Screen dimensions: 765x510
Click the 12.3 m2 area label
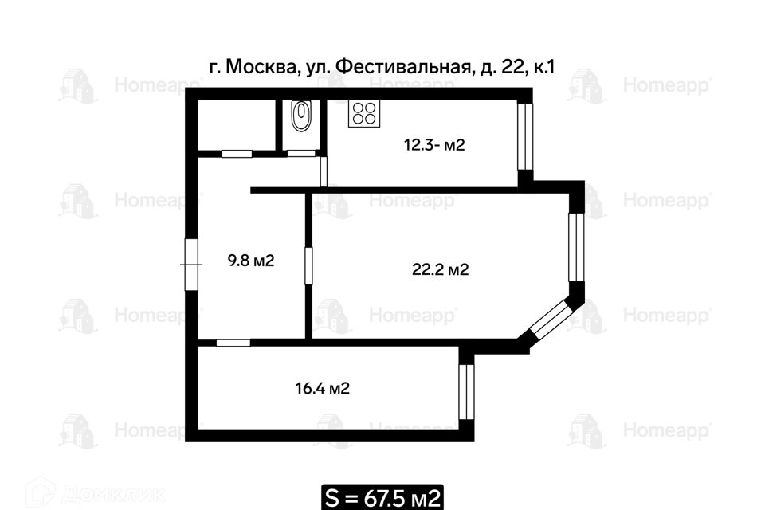tap(434, 145)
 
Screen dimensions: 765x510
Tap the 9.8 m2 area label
tap(251, 261)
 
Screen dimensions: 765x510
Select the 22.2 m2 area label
tap(440, 269)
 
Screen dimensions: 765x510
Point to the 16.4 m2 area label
tap(322, 389)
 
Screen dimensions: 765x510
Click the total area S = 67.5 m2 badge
tap(382, 497)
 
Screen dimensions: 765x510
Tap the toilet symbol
tap(300, 116)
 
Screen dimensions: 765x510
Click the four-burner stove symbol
tap(364, 114)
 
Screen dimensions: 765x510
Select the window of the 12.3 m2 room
tap(525, 136)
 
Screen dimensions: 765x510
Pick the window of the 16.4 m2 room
tap(466, 392)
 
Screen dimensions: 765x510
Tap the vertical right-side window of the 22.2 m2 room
tap(576, 247)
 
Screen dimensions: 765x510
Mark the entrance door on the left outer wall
tap(191, 265)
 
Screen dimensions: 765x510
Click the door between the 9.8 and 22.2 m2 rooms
tap(308, 266)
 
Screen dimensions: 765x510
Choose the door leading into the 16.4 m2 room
tap(233, 343)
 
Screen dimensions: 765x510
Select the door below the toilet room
tap(301, 153)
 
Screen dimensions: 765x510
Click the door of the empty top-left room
tap(237, 154)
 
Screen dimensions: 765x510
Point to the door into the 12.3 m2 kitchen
tap(324, 171)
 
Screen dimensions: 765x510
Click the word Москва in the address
tap(262, 67)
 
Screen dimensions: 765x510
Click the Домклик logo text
tap(112, 495)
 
